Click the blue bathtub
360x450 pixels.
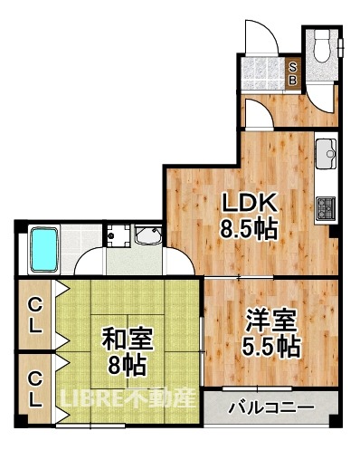44,250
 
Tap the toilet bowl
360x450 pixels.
322,46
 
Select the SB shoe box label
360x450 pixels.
293,74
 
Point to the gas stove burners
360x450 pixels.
326,207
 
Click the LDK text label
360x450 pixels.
249,203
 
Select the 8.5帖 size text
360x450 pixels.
249,229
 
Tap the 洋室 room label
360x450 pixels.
270,321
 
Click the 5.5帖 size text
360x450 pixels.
270,346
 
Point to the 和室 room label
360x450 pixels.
128,339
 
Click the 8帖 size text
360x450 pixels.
128,365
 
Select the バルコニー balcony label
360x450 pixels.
271,407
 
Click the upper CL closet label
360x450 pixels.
35,316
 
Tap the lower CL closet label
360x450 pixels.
35,390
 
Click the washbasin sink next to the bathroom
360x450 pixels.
148,235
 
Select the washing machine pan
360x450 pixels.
118,235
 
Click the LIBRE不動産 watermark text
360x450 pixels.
128,397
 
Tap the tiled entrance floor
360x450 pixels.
263,73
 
